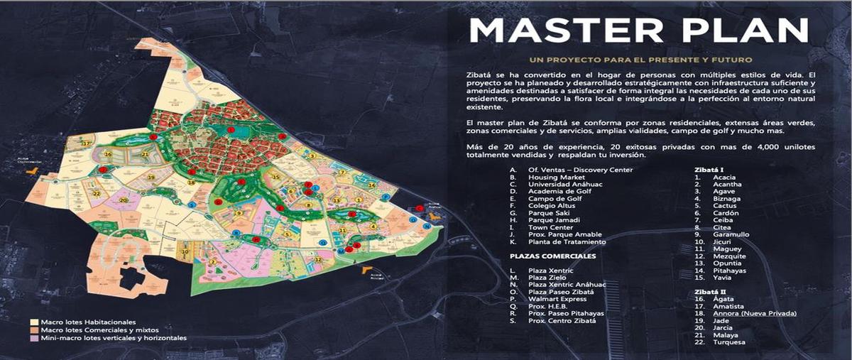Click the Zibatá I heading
point(709,170)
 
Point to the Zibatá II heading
point(709,292)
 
